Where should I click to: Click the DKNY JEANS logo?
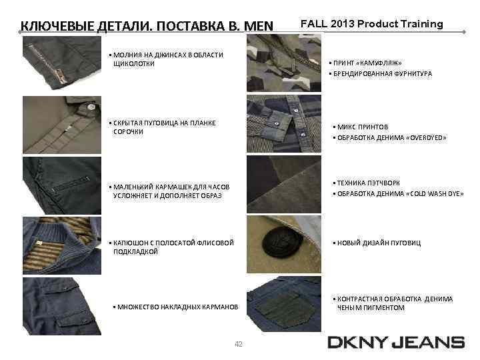pyautogui.click(x=396, y=343)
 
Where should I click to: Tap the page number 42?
pyautogui.click(x=239, y=344)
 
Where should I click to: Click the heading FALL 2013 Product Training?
pyautogui.click(x=371, y=24)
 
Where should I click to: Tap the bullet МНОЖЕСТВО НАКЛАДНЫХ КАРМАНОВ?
pyautogui.click(x=177, y=307)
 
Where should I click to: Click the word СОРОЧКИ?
pyautogui.click(x=129, y=132)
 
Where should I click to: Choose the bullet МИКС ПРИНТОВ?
pyautogui.click(x=363, y=127)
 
